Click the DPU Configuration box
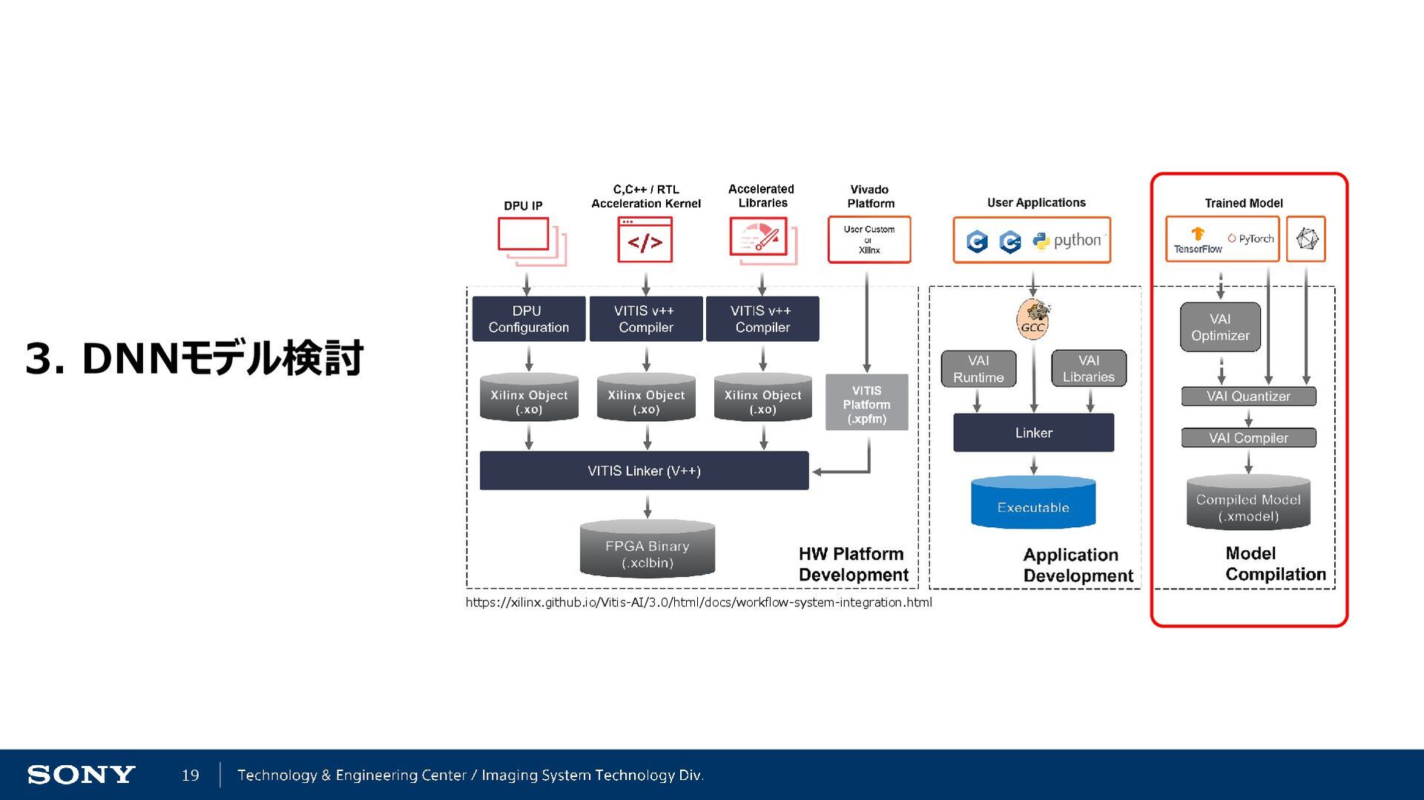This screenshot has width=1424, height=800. [x=528, y=319]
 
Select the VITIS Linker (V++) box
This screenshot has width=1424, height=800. [x=644, y=471]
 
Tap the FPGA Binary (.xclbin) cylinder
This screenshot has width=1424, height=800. [x=647, y=550]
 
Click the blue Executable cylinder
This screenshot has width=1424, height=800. [x=1033, y=504]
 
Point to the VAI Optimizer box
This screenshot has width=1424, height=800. [x=1220, y=327]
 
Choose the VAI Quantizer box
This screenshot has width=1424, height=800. [x=1248, y=396]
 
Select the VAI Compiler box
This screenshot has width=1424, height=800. [x=1248, y=437]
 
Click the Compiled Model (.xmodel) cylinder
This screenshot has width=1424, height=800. [x=1248, y=504]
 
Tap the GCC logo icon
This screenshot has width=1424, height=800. [x=1033, y=320]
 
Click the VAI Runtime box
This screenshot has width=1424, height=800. [x=978, y=368]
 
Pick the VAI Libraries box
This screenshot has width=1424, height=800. [x=1088, y=368]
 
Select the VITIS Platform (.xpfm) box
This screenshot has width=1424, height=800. [x=866, y=403]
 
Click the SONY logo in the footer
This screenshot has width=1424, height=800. [x=81, y=775]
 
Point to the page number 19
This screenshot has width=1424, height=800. [x=191, y=775]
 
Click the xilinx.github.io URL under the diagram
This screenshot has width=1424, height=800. [x=698, y=602]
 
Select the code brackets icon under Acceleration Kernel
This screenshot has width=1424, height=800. [x=645, y=240]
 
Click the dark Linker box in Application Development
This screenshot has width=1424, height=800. [x=1033, y=432]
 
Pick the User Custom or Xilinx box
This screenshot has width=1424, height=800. [x=868, y=239]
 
